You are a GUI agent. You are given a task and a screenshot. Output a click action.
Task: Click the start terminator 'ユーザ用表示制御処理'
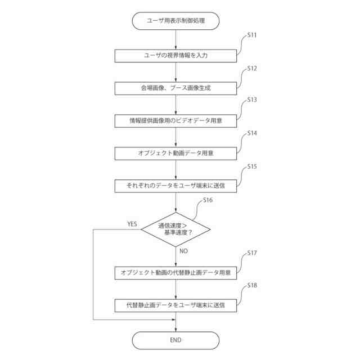(x=175, y=21)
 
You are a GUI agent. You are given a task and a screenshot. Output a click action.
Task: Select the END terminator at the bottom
(x=175, y=340)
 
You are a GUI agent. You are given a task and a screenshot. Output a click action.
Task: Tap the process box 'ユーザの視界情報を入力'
(x=175, y=56)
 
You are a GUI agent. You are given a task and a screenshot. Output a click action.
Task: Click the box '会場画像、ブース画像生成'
(x=175, y=88)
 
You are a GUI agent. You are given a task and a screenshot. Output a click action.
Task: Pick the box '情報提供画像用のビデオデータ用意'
(x=175, y=120)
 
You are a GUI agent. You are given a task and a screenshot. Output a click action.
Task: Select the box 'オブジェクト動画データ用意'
(x=175, y=152)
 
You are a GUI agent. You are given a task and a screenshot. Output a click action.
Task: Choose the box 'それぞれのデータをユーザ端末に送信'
(x=175, y=185)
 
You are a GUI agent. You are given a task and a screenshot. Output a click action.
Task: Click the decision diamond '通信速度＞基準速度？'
(x=175, y=228)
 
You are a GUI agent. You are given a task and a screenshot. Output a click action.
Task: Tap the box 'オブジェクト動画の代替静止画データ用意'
(x=175, y=273)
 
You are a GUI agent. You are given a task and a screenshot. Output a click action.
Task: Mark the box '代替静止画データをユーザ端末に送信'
(x=175, y=305)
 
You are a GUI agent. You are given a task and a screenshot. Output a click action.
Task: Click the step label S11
(x=252, y=35)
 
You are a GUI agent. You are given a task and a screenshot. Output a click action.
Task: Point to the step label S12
(x=252, y=68)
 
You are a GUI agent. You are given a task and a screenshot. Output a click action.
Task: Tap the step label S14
(x=252, y=133)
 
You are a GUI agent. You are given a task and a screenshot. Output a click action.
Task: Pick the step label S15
(x=252, y=166)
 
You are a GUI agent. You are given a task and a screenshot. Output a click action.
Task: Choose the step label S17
(x=252, y=253)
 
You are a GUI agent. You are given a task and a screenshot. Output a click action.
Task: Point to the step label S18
(x=252, y=286)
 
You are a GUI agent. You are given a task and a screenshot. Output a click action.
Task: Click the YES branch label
(x=132, y=224)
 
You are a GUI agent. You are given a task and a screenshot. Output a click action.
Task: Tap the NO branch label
(x=183, y=251)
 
